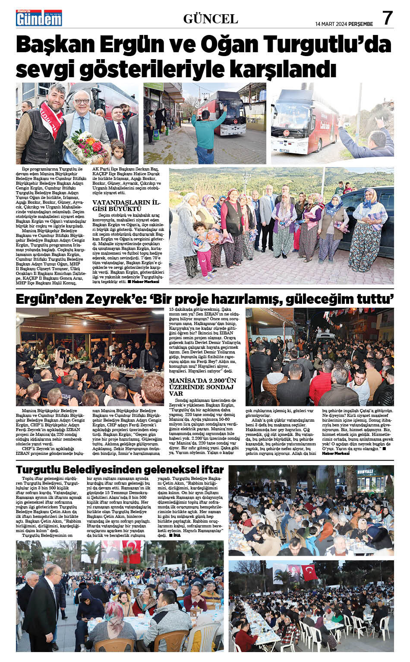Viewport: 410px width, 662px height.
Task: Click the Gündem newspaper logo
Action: (x=39, y=18)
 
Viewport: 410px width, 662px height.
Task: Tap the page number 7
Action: (x=387, y=18)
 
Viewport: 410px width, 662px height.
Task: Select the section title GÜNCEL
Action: (x=211, y=19)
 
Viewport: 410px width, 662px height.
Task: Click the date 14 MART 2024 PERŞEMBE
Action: (x=344, y=24)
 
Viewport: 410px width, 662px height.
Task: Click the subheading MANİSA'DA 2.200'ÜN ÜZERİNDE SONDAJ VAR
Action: (x=202, y=387)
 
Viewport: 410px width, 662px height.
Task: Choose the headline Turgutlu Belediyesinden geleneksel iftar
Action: (x=120, y=470)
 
